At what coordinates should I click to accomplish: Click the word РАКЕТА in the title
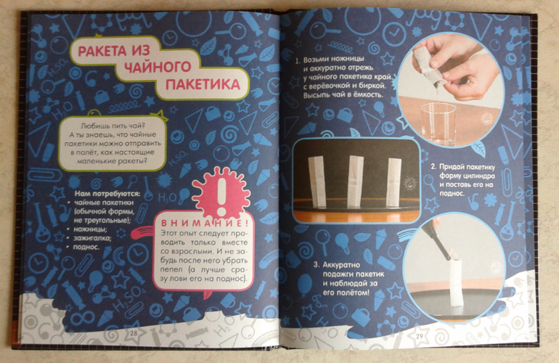coord(102,51)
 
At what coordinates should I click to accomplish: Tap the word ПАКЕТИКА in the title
coord(203,85)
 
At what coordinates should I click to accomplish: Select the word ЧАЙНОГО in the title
coord(158,67)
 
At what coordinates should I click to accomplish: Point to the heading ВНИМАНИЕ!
coord(205,224)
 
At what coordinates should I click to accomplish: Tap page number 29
coord(420,336)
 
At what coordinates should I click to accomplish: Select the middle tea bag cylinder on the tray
coord(356,181)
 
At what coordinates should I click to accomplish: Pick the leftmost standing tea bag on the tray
coord(318,181)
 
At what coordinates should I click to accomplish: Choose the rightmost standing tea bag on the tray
coord(394,181)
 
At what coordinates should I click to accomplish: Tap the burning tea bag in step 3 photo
coord(457,282)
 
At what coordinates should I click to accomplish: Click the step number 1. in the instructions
coord(298,60)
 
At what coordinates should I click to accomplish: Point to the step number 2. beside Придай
coord(433,167)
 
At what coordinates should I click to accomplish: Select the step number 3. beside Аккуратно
coord(317,265)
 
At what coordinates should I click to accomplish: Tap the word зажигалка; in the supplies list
coord(92,238)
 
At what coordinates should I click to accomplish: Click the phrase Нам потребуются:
coord(107,194)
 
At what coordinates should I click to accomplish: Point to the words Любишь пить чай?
coord(114,126)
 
